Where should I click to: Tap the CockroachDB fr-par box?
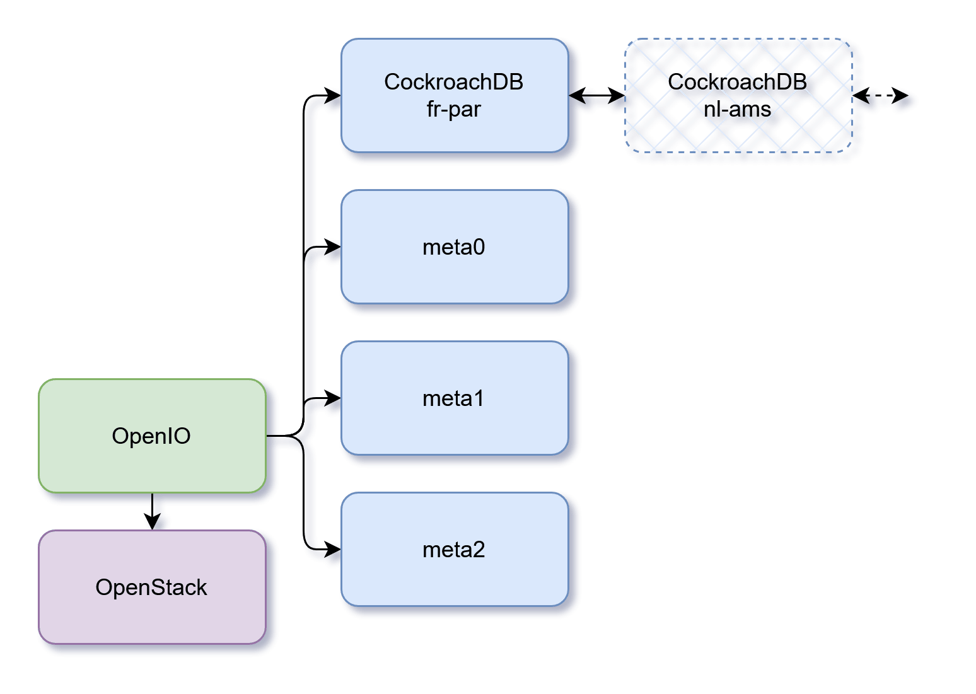tap(454, 132)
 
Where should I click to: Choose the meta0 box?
tap(454, 277)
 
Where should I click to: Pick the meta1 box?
tap(454, 429)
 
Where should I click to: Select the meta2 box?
tap(454, 580)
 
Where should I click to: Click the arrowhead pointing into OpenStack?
tap(151, 522)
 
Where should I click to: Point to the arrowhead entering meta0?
tap(332, 246)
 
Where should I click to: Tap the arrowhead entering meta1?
tap(332, 398)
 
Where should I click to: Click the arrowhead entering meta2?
tap(332, 549)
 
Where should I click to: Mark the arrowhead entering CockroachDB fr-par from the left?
tap(332, 95)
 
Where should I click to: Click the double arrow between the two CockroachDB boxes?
tap(596, 96)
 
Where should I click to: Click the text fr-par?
tap(453, 109)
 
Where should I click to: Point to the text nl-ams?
tap(737, 109)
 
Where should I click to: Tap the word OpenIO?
tap(151, 436)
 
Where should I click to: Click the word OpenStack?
tap(151, 587)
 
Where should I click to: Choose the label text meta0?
tap(454, 247)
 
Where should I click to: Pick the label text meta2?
tap(454, 550)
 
